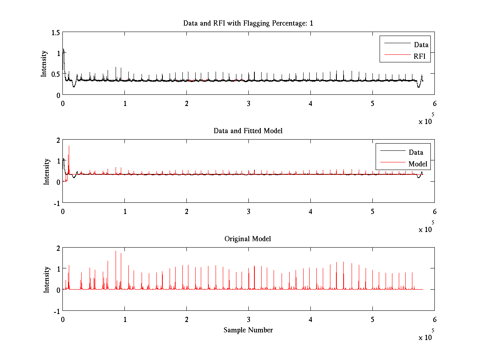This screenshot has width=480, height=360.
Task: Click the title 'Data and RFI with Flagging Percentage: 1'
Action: (248, 23)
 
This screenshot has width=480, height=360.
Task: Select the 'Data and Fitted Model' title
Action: (248, 131)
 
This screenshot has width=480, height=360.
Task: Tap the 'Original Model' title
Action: (248, 239)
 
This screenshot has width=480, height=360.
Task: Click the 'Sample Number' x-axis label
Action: (248, 330)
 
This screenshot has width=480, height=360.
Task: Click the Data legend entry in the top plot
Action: (421, 45)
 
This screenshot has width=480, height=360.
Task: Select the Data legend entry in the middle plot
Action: (416, 152)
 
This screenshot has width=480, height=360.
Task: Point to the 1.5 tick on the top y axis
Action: (56, 32)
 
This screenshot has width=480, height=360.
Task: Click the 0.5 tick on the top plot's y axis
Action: (56, 74)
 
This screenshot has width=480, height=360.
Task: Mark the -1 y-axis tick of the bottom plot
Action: (56, 311)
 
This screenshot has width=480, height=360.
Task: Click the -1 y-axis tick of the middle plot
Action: (56, 203)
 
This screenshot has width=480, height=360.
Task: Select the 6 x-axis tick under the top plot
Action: (434, 104)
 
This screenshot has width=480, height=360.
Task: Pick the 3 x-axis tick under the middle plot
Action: (248, 211)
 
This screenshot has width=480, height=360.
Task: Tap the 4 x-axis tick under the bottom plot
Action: (310, 319)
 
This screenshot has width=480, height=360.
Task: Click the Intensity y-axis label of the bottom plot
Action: (47, 279)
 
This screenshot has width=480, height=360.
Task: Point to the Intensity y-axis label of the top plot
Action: (44, 63)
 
